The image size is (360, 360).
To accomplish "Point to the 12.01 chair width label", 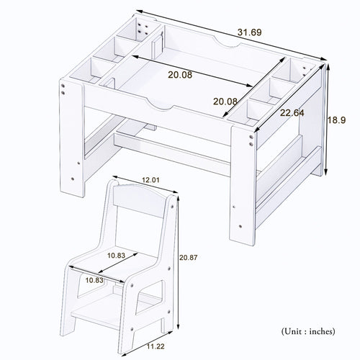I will tap(150, 179).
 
